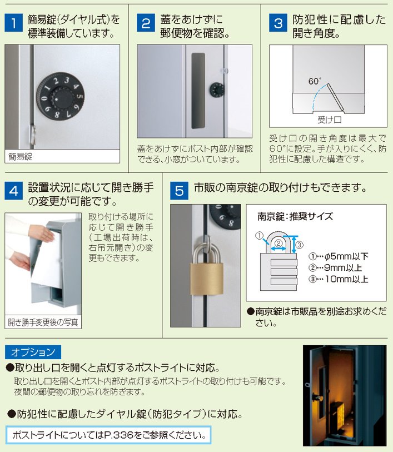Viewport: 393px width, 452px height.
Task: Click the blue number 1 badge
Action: pos(13,23)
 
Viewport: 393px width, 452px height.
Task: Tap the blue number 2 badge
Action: pos(146,23)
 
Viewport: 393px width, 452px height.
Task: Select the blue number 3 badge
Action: pos(278,23)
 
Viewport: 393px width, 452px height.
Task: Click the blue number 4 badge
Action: pos(13,191)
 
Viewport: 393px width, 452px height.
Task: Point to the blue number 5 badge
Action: pos(179,191)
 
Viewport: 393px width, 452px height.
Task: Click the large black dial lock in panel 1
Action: pos(60,96)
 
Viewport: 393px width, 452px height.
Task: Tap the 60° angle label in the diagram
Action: pos(315,81)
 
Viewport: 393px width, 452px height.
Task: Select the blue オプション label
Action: pos(33,352)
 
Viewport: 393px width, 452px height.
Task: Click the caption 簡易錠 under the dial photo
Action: pos(20,157)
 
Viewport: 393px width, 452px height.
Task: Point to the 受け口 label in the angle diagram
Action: pos(329,120)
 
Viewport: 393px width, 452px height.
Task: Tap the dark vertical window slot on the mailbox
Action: pos(198,91)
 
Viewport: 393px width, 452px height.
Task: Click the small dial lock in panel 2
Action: pos(217,90)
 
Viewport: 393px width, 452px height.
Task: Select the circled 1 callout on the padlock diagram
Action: pos(259,236)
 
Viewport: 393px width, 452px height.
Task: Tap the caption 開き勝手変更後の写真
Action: pos(43,322)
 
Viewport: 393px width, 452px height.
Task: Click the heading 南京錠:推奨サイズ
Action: pos(295,216)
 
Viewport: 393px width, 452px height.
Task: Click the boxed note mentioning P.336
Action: pos(108,435)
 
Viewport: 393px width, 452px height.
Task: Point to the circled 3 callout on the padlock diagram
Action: pos(300,245)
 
